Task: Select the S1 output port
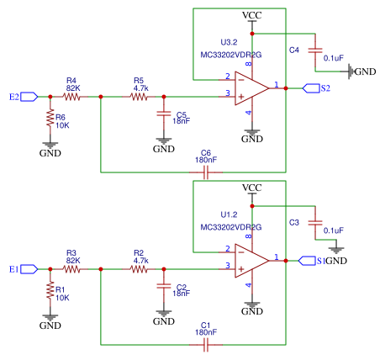(308, 260)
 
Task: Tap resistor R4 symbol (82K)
(72, 97)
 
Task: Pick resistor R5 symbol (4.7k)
(140, 97)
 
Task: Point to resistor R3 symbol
(72, 268)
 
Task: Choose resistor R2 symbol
(140, 268)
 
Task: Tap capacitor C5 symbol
(164, 116)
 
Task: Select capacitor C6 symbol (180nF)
(206, 172)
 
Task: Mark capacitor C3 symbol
(315, 224)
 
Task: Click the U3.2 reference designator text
(230, 41)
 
